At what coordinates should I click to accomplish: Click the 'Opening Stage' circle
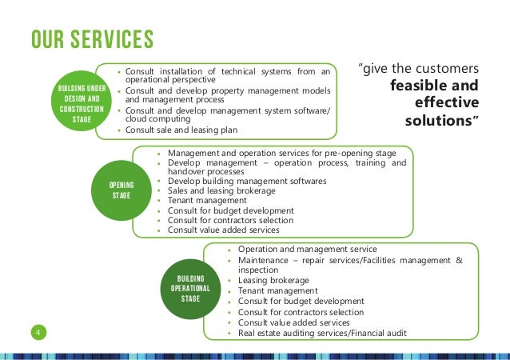(x=121, y=190)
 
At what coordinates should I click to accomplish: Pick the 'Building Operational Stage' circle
(x=189, y=286)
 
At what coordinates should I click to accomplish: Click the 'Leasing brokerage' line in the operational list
(x=273, y=281)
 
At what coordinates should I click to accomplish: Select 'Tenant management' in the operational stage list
(x=278, y=291)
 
